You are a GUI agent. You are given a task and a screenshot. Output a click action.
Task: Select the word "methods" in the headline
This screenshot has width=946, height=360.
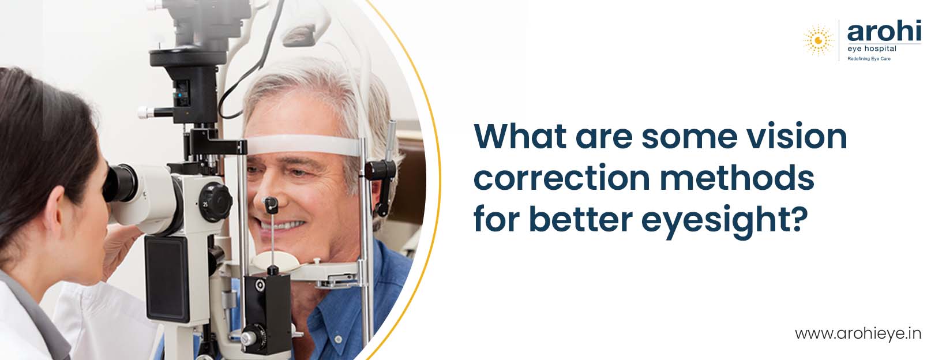737,177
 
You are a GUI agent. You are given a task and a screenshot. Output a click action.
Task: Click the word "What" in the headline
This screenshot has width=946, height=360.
520,136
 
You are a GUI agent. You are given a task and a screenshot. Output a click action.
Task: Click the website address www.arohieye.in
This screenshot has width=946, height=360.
858,334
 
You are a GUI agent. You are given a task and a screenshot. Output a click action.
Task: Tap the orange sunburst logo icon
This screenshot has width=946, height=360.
819,40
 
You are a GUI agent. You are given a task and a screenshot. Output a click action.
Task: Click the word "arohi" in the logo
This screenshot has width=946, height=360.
884,32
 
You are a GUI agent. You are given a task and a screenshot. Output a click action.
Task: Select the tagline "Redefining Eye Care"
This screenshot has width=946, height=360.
869,59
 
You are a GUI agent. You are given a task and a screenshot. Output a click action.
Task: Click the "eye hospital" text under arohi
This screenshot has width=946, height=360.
872,49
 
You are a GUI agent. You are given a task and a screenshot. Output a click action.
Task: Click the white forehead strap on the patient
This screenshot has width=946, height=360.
303,145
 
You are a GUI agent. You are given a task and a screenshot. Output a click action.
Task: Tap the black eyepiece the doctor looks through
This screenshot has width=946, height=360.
120,183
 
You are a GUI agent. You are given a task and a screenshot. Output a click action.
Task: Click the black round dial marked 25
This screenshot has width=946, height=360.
215,201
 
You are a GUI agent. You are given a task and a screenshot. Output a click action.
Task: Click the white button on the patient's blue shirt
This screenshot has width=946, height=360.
338,339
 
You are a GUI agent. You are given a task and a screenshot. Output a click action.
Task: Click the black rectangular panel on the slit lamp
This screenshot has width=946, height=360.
167,279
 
